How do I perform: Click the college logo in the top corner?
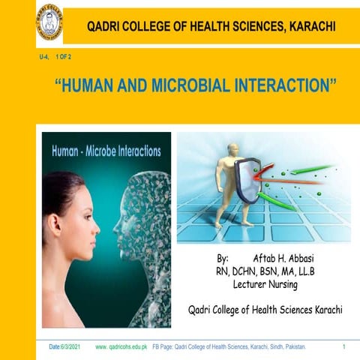tap(49, 23)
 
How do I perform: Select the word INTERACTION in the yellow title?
tap(282, 85)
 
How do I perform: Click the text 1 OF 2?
tap(64, 57)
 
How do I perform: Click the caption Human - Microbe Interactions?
tap(106, 151)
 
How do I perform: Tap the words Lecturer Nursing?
tap(265, 285)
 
